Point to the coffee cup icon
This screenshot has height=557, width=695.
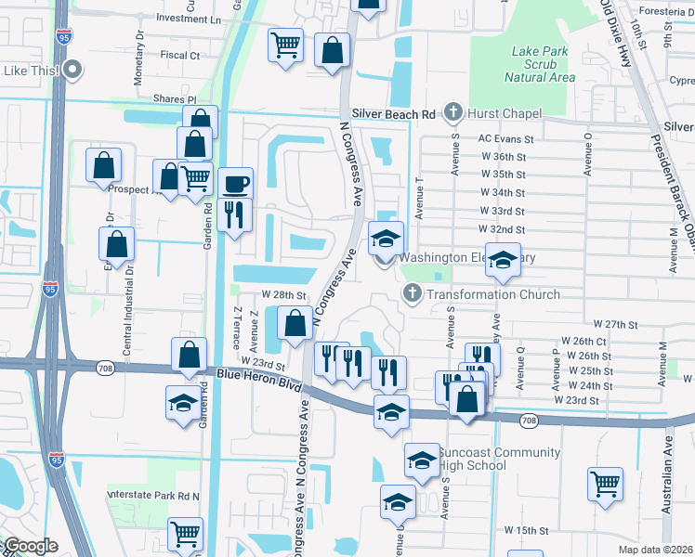click(x=237, y=182)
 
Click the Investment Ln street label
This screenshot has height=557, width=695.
click(x=190, y=19)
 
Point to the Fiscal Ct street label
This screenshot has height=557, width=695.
click(x=179, y=56)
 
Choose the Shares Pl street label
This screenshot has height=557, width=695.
click(x=176, y=98)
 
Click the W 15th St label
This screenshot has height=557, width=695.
click(x=526, y=529)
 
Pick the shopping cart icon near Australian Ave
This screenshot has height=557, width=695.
click(x=605, y=483)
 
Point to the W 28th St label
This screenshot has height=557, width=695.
click(x=283, y=294)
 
